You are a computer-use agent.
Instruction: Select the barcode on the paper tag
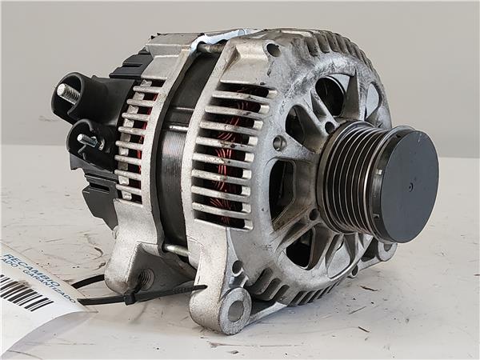pyautogui.click(x=24, y=292)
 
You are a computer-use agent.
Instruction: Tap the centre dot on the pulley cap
pyautogui.click(x=411, y=187)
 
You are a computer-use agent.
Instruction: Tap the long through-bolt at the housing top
pyautogui.click(x=210, y=48)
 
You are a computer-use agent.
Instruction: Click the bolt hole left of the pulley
pyautogui.click(x=278, y=143)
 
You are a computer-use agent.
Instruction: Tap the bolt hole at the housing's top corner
pyautogui.click(x=273, y=50)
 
